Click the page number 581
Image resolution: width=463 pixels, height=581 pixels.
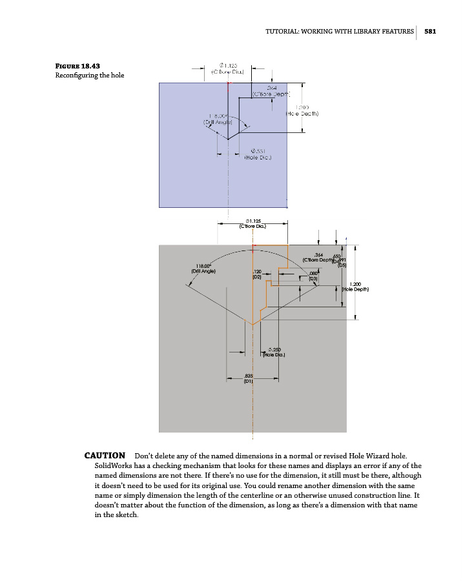(x=431, y=32)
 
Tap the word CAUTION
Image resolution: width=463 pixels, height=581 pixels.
(x=105, y=456)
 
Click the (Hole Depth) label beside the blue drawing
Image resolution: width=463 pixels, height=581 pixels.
(x=302, y=114)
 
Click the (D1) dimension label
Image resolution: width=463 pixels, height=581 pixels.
(x=248, y=382)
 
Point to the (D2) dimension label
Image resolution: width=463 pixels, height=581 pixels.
(x=256, y=276)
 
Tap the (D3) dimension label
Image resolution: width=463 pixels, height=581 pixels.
(x=314, y=279)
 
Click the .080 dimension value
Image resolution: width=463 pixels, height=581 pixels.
(x=314, y=273)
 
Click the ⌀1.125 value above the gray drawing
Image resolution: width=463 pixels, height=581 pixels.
(x=253, y=220)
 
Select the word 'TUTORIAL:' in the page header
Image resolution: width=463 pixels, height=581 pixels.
(x=283, y=32)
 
